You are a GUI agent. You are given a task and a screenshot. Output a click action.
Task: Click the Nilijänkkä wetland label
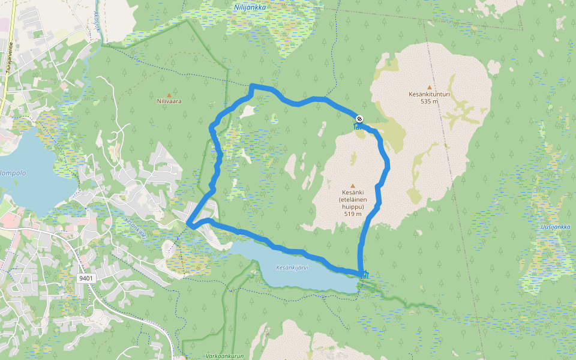[x=250, y=7]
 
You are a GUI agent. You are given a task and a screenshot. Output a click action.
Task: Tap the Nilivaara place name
[x=169, y=101]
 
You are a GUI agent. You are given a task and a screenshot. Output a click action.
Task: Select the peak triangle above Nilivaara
[x=169, y=95]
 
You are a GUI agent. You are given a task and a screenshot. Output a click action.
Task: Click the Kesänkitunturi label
[x=429, y=94]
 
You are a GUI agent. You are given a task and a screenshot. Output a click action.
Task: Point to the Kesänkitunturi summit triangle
[x=429, y=87]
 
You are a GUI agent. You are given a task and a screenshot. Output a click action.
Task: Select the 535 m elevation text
[x=429, y=101]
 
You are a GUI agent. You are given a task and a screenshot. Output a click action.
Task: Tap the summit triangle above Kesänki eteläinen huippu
[x=352, y=185]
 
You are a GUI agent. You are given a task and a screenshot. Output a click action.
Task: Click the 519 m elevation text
[x=352, y=214]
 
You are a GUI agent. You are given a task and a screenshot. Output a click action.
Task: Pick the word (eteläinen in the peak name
[x=352, y=200]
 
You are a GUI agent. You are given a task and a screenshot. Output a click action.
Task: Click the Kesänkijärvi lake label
[x=292, y=268]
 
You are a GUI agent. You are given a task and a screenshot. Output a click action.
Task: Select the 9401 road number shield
[x=86, y=278]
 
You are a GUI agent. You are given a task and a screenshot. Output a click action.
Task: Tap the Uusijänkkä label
[x=554, y=227]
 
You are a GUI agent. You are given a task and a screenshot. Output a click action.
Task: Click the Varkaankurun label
[x=225, y=356]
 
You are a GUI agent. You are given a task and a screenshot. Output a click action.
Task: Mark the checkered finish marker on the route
[x=359, y=119]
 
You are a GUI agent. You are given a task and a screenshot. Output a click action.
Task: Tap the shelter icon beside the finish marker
[x=358, y=126]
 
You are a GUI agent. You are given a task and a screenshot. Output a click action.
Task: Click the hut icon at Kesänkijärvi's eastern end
[x=365, y=275]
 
